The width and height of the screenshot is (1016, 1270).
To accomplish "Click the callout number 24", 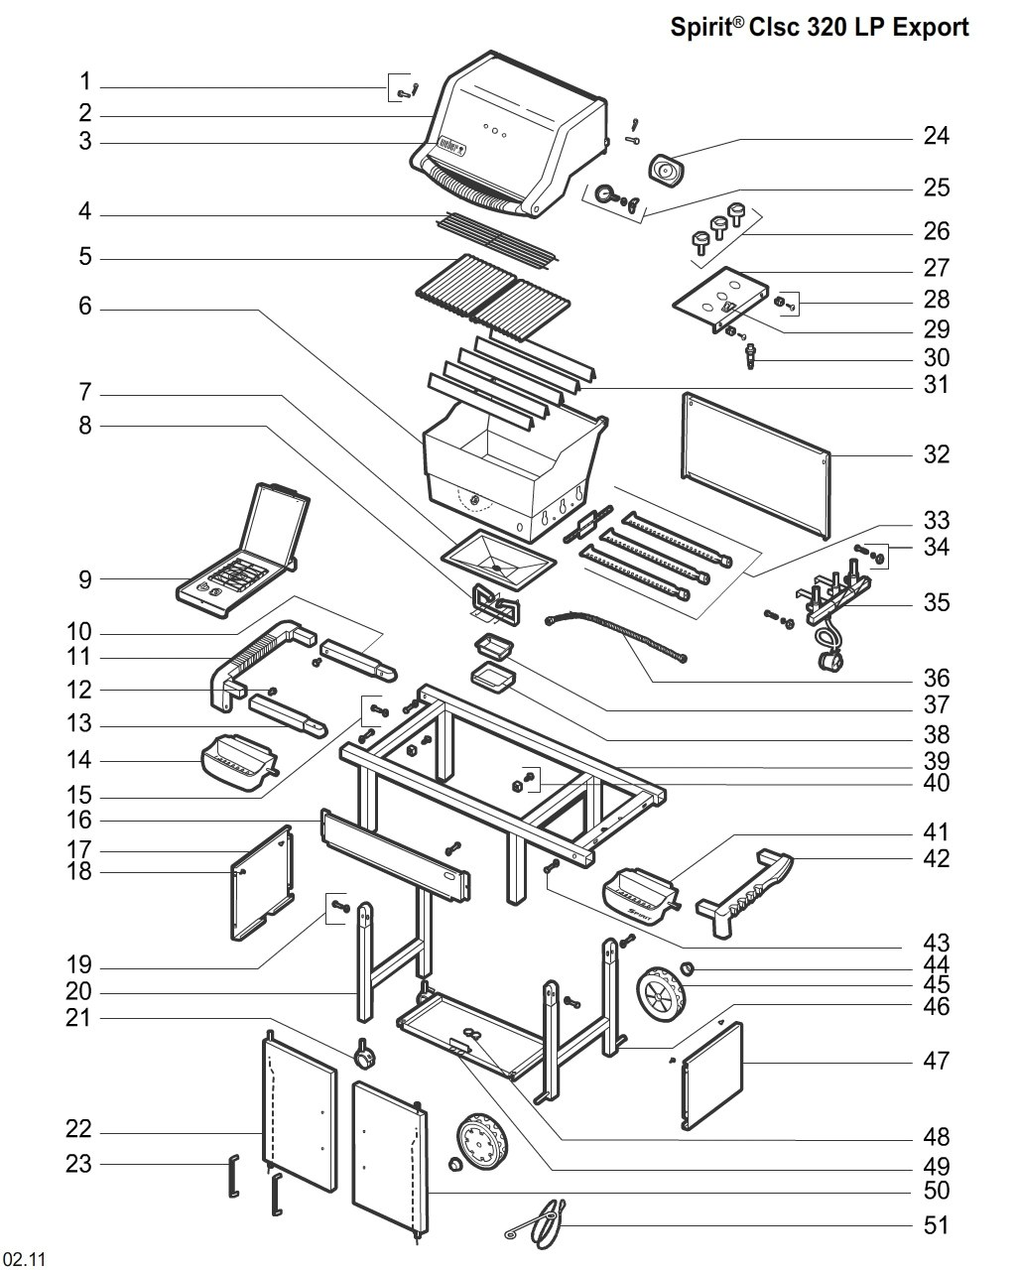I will click(936, 136).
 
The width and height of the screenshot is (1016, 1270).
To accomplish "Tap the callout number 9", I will click(85, 579).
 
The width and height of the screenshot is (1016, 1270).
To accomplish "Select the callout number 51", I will click(936, 1225).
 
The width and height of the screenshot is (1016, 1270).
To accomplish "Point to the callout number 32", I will click(936, 454).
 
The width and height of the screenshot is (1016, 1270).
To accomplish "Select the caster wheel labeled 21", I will click(365, 1055).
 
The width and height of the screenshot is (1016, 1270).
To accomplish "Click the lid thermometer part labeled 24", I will click(665, 172).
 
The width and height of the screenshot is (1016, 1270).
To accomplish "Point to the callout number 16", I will click(79, 821).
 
